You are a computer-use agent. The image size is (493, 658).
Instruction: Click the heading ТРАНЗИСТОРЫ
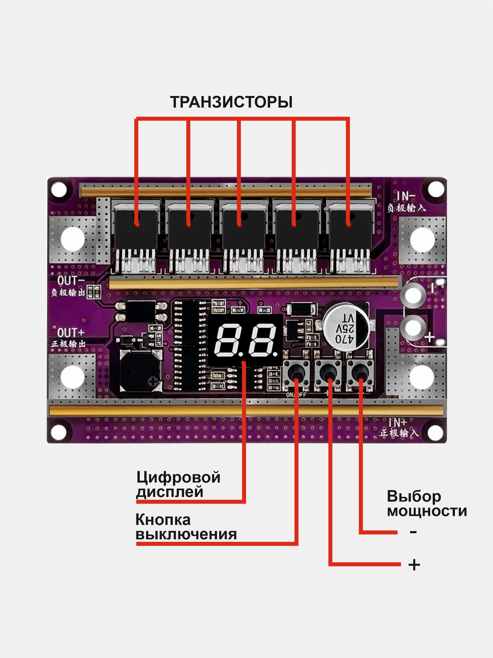pos(231,102)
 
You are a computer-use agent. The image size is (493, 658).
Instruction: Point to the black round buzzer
pos(140,370)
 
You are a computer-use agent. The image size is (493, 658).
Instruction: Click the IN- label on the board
pos(406,196)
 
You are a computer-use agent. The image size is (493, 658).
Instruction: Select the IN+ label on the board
pos(398,422)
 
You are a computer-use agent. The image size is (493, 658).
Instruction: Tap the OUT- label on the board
pos(71,280)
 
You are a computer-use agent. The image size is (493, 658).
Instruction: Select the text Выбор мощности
pos(427,504)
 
